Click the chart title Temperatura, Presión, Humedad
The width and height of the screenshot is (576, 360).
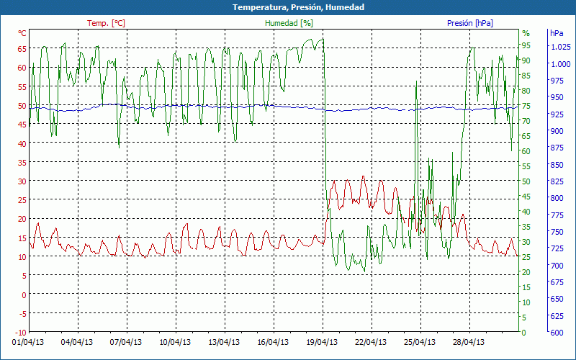(288, 7)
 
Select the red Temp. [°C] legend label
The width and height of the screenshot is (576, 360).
(106, 23)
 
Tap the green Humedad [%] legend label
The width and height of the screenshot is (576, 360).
(289, 23)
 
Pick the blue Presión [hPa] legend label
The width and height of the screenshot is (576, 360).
(470, 23)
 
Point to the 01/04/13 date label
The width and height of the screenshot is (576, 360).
(28, 343)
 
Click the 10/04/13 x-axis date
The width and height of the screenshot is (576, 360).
(175, 343)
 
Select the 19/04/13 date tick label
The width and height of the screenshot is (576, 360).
(322, 343)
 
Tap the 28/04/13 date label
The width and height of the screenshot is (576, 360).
(469, 343)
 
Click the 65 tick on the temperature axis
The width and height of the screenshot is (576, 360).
(22, 49)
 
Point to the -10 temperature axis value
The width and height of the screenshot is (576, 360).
(20, 333)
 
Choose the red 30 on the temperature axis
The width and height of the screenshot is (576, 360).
(22, 181)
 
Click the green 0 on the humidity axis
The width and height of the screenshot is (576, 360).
(523, 333)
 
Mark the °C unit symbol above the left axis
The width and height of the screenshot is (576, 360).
(22, 33)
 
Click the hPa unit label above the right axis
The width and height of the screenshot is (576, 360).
(557, 33)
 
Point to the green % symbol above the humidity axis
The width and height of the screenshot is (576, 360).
(526, 33)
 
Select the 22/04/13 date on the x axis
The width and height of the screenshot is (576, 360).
(371, 343)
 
